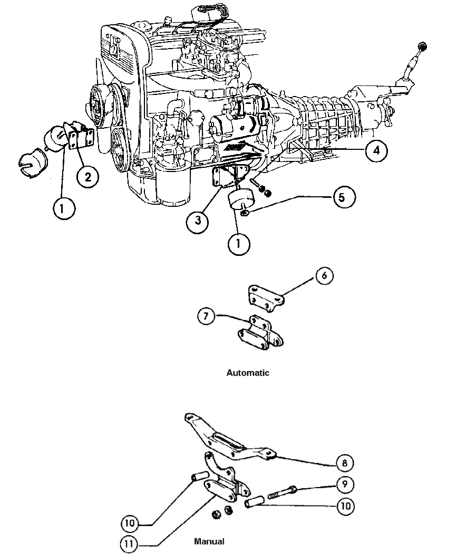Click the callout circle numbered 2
(x=88, y=177)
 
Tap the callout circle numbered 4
(x=375, y=151)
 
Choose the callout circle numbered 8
(x=343, y=463)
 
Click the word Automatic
(x=248, y=373)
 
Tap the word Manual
(x=209, y=541)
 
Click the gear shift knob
(x=423, y=46)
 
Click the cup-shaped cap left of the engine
(x=32, y=164)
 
